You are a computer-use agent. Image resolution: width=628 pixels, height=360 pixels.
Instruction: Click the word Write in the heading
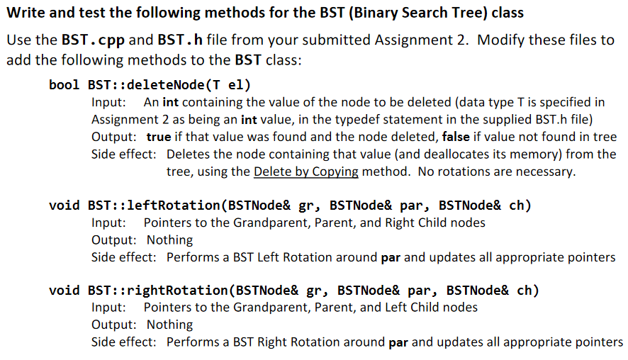pyautogui.click(x=26, y=13)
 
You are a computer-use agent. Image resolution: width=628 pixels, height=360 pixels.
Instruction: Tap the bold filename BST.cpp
pyautogui.click(x=93, y=40)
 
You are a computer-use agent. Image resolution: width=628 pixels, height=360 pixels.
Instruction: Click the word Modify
pyautogui.click(x=501, y=40)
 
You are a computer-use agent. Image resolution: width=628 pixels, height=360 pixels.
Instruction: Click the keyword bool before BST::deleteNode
pyautogui.click(x=64, y=85)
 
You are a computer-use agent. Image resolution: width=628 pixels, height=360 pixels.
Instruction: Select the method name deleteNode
pyautogui.click(x=165, y=85)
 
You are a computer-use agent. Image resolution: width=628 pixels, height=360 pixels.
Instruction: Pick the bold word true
pyautogui.click(x=159, y=137)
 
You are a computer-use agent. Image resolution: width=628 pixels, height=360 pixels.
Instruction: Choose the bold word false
pyautogui.click(x=456, y=137)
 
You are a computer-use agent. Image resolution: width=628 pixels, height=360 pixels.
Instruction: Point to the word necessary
pyautogui.click(x=546, y=171)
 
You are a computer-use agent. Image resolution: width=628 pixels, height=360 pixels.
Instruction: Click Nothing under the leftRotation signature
pyautogui.click(x=170, y=240)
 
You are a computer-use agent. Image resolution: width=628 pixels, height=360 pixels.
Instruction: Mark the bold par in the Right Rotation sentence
pyautogui.click(x=398, y=343)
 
